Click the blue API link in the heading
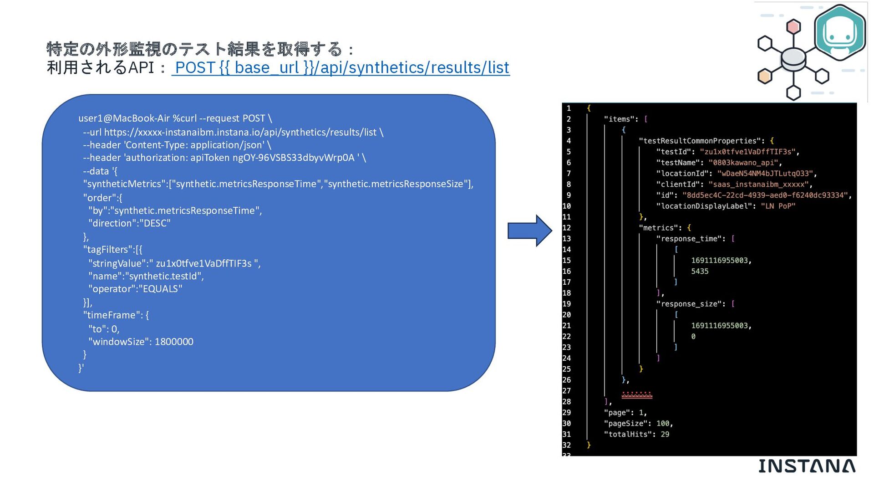click(340, 67)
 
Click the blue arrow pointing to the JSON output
click(529, 231)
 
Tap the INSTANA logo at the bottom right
click(807, 466)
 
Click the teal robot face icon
click(839, 33)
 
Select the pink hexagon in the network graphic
click(793, 26)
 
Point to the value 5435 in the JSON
click(700, 272)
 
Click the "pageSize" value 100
click(663, 424)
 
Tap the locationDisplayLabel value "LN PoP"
click(778, 206)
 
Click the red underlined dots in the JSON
click(637, 395)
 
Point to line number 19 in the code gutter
click(566, 304)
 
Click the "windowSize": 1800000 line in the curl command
click(141, 342)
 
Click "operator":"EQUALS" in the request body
click(135, 289)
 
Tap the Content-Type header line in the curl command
click(177, 145)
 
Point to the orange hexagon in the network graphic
click(765, 76)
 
